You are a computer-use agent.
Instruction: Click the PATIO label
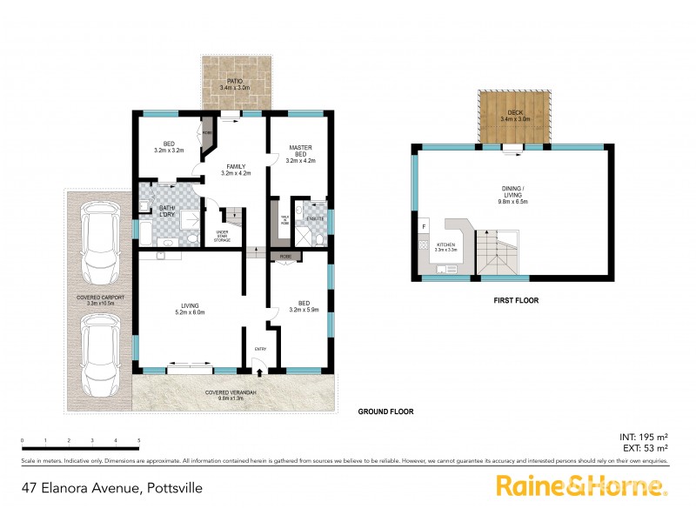234,84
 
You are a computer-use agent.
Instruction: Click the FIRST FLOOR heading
515,300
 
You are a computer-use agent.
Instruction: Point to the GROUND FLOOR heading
385,412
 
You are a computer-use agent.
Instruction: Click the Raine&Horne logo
581,486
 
